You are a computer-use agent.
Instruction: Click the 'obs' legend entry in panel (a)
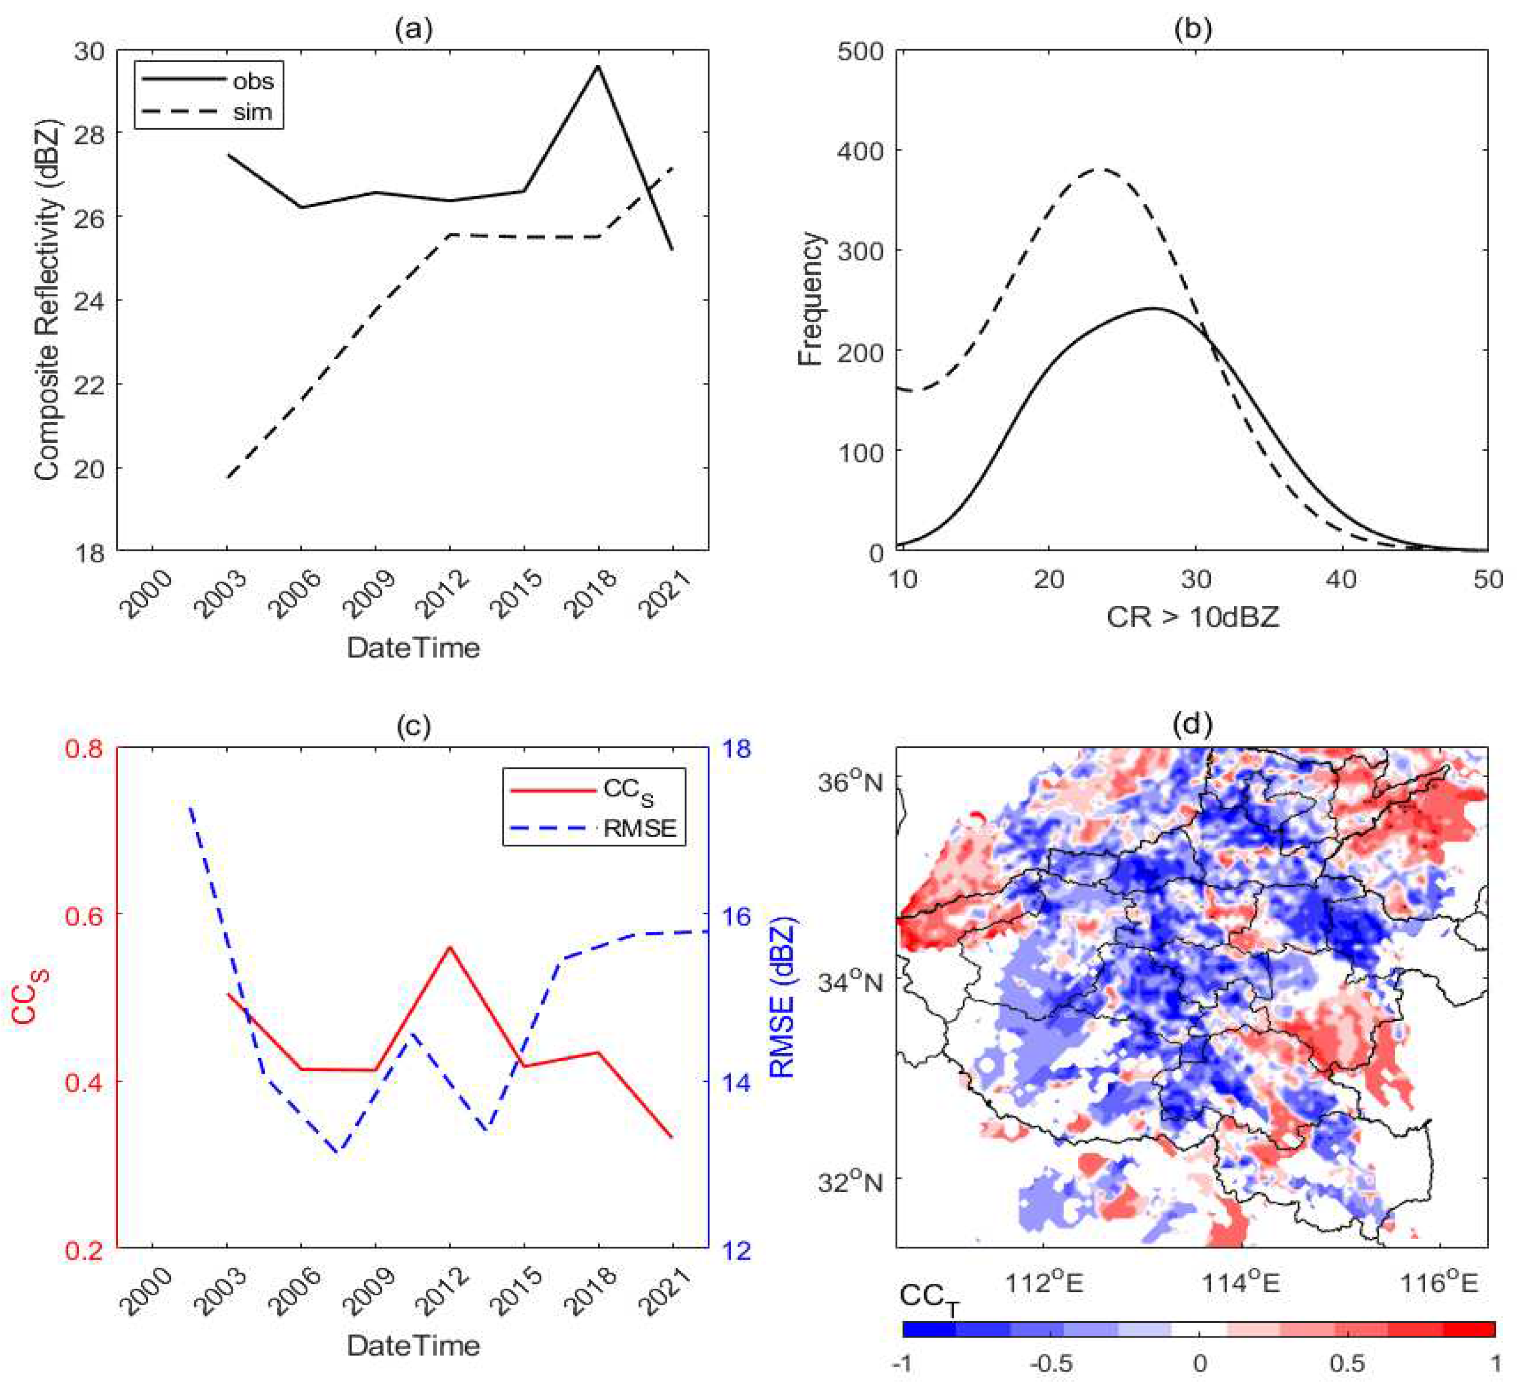click(253, 80)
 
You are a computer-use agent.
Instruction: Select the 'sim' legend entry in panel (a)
click(252, 112)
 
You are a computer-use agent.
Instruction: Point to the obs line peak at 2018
click(598, 66)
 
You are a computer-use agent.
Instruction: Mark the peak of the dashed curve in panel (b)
click(1101, 169)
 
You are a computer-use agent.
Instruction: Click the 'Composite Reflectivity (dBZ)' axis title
click(47, 300)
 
